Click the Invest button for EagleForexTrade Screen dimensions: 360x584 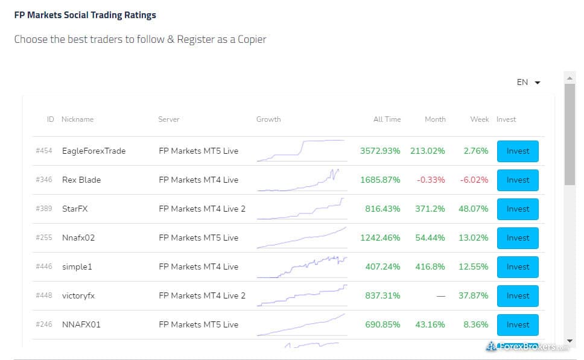tap(518, 151)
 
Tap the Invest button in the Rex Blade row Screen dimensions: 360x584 tap(518, 180)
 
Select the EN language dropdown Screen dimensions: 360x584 tap(528, 83)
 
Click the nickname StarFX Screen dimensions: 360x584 tap(75, 209)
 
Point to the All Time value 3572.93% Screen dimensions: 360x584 tap(380, 151)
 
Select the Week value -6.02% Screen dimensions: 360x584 tap(475, 180)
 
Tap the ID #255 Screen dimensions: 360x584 tap(44, 238)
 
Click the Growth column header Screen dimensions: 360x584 tap(268, 119)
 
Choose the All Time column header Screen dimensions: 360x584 tap(387, 119)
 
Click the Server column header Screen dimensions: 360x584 tap(169, 119)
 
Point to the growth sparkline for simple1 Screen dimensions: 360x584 tap(302, 267)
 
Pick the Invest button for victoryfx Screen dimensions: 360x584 tap(518, 295)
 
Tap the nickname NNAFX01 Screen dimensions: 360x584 tap(81, 324)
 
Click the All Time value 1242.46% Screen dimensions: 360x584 tap(380, 238)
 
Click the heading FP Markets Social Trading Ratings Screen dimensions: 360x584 tap(85, 15)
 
